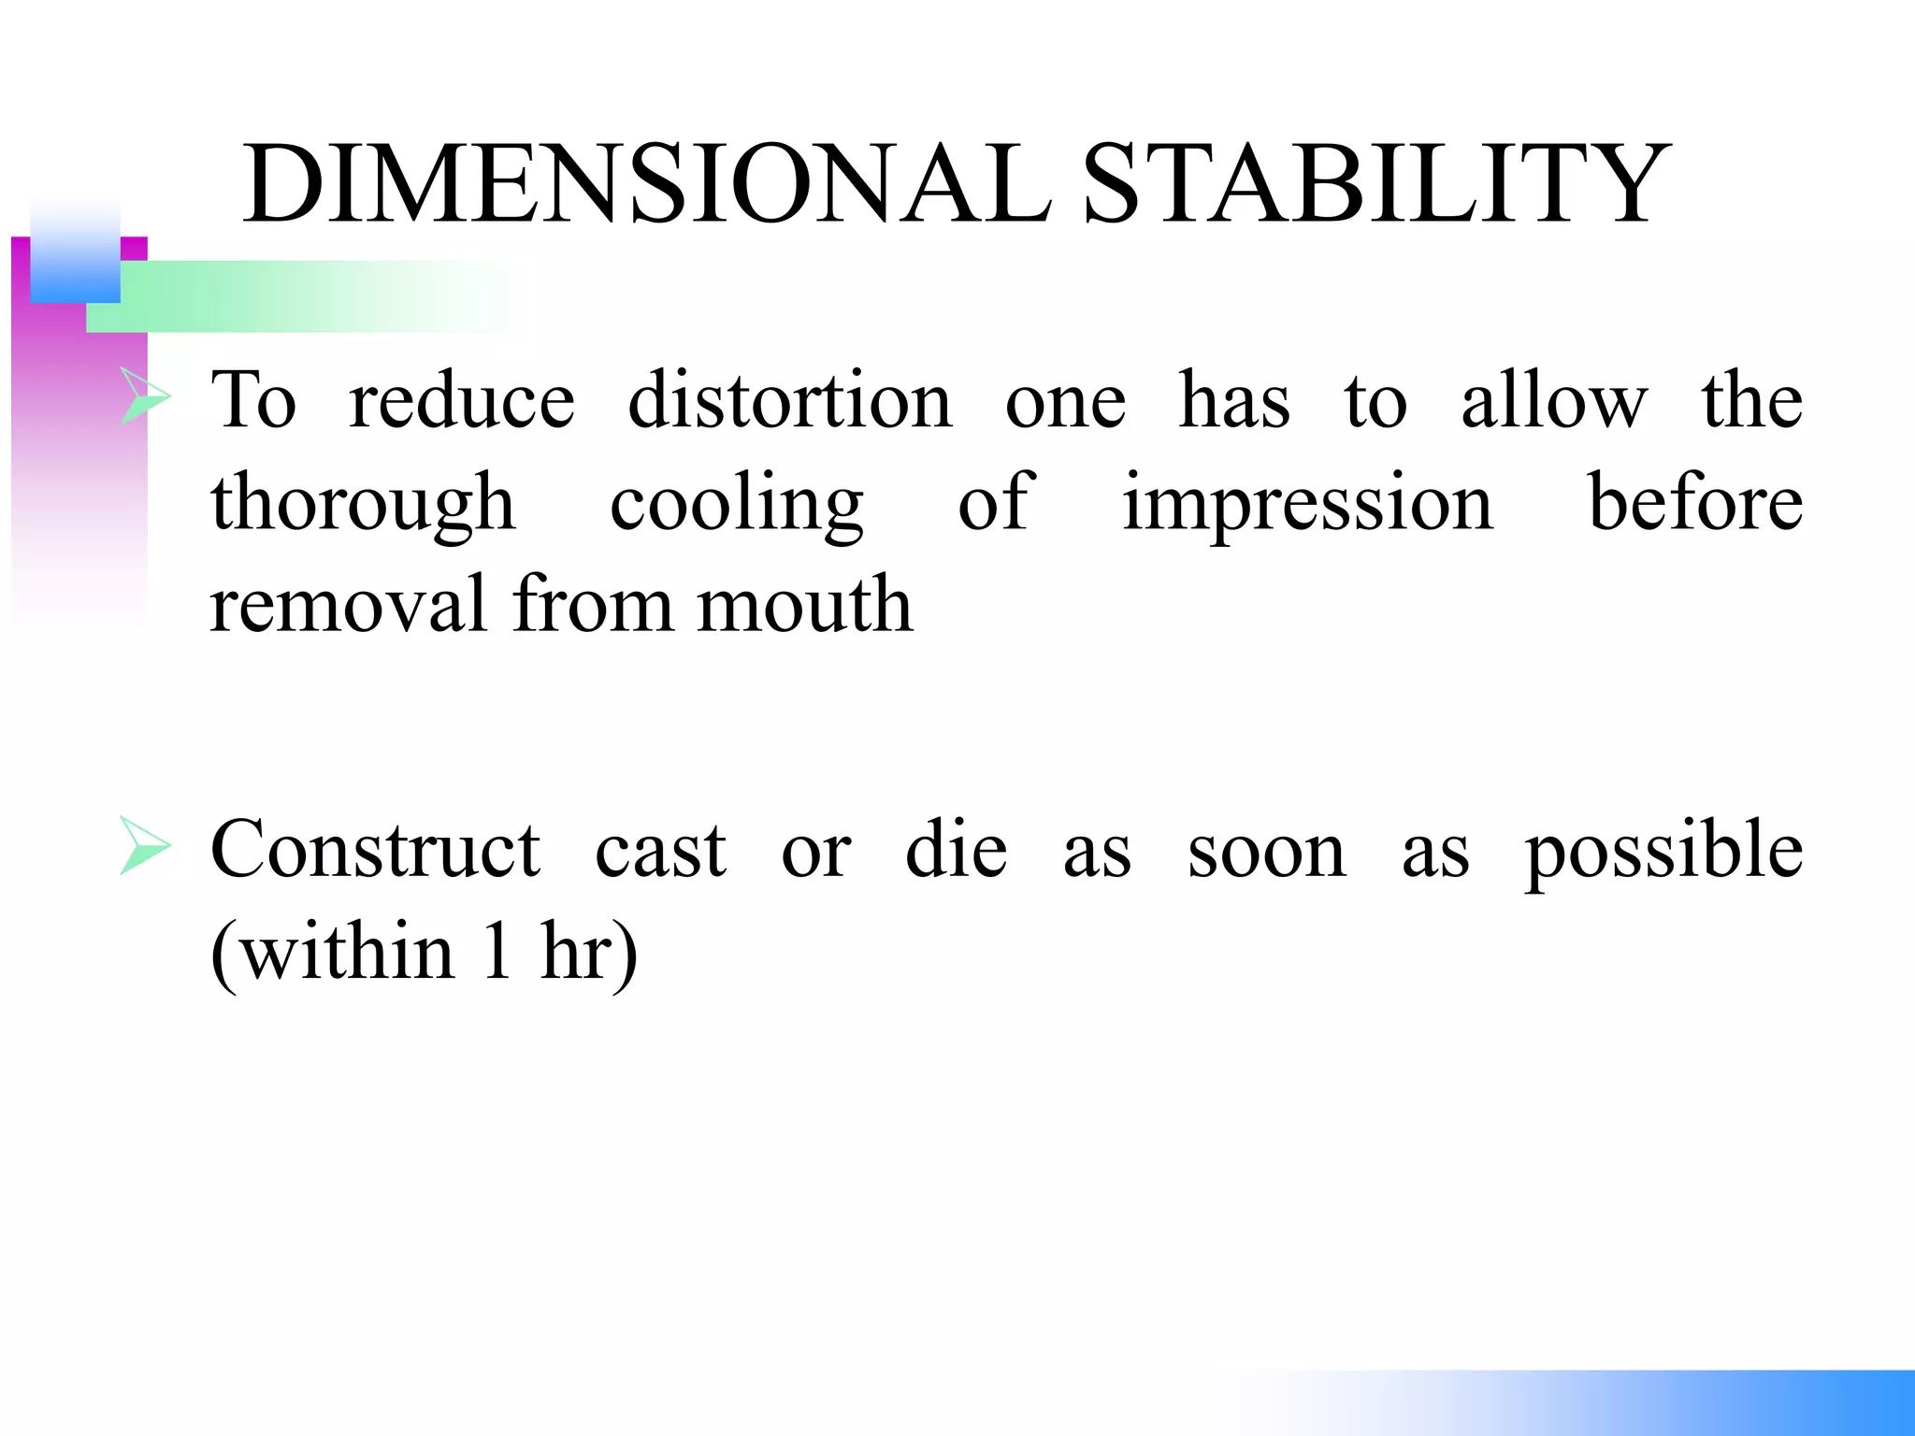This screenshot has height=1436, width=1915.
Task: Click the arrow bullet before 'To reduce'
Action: click(145, 397)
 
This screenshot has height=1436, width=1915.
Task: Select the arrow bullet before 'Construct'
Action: click(145, 847)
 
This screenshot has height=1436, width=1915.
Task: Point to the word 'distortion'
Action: click(790, 400)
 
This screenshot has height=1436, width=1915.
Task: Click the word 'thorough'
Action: click(363, 503)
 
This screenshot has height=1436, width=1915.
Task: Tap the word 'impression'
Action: click(1307, 503)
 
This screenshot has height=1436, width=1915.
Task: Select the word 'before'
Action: click(1695, 501)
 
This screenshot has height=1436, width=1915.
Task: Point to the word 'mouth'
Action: click(805, 604)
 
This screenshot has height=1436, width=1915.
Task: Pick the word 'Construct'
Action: click(375, 849)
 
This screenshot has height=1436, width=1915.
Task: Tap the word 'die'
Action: click(956, 849)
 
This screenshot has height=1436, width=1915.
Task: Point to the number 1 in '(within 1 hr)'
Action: click(497, 952)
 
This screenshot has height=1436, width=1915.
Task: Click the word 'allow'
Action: click(1553, 400)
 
